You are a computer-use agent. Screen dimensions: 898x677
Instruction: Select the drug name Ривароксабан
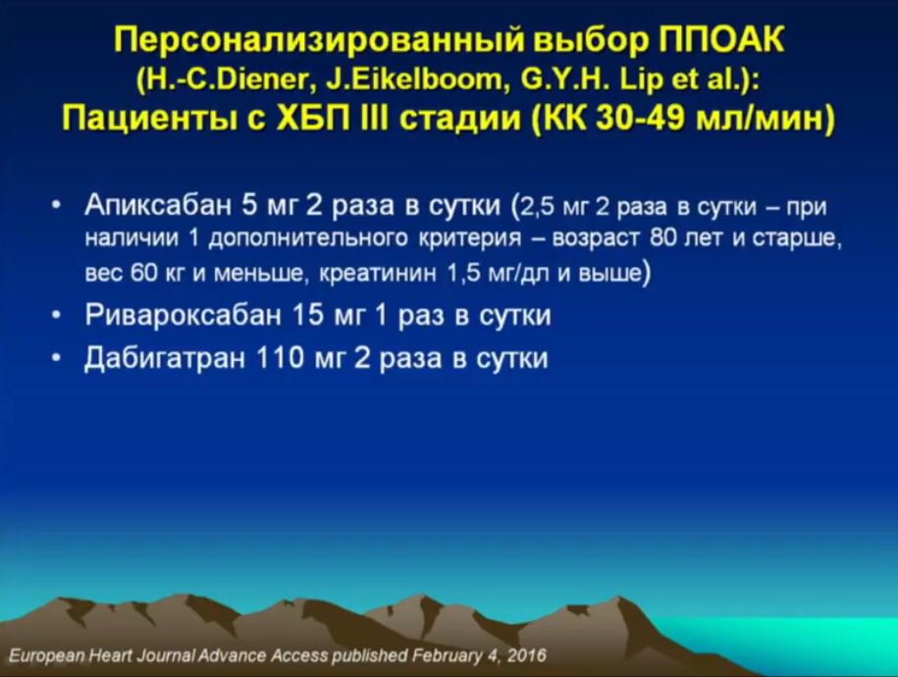184,314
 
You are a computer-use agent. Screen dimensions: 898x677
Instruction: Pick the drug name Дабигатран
165,358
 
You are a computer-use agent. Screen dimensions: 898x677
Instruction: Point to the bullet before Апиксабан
55,206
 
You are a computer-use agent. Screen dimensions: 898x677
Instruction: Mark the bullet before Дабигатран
55,358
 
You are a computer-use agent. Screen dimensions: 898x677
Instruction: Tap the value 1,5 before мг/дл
464,273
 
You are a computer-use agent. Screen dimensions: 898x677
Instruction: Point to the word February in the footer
446,655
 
